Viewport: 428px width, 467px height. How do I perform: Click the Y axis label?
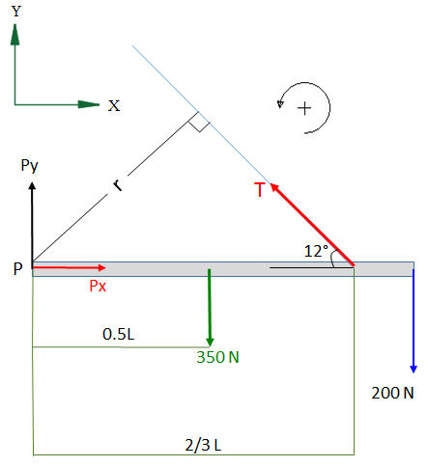pos(16,12)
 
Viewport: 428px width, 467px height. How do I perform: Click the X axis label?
pos(114,106)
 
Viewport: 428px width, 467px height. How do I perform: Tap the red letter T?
pos(260,189)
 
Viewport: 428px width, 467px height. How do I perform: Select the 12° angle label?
pos(316,251)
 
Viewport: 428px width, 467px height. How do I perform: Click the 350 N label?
pos(217,357)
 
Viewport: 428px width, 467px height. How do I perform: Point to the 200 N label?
pos(392,393)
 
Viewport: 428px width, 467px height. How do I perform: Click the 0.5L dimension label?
pos(118,334)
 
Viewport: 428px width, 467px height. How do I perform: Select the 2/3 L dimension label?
pos(203,445)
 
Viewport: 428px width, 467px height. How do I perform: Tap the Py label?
pos(29,166)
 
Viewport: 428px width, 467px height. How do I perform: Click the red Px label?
pos(98,286)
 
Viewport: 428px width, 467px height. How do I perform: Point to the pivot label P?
pos(18,268)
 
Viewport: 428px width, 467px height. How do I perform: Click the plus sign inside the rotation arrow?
pos(304,108)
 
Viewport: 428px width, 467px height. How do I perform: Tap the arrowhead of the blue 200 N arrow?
pos(414,370)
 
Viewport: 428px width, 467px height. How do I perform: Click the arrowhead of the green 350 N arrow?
pos(210,342)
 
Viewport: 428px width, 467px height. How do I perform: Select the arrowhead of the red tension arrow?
pos(274,187)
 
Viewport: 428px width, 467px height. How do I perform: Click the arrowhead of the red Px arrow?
pos(102,267)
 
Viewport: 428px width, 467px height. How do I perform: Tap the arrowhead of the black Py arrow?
pos(32,185)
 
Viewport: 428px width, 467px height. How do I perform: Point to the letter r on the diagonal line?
pos(118,185)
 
